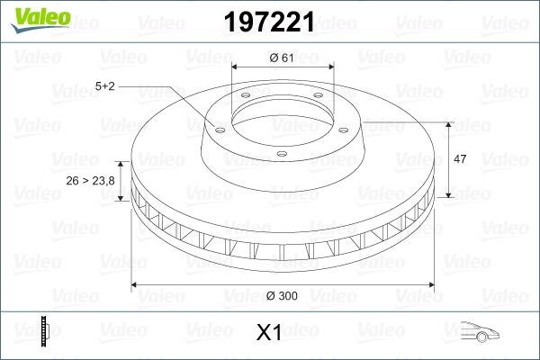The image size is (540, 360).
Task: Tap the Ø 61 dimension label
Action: click(x=282, y=58)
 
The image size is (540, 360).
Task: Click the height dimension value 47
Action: click(x=459, y=159)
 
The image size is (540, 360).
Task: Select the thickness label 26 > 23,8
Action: click(x=90, y=181)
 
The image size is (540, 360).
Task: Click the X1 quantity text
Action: click(x=269, y=333)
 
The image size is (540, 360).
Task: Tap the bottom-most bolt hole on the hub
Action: click(x=281, y=154)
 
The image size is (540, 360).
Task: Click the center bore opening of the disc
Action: click(x=282, y=114)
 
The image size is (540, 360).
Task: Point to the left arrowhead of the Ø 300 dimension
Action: click(x=136, y=285)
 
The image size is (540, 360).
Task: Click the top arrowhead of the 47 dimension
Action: click(x=448, y=123)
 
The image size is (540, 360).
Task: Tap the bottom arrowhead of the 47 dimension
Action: click(x=448, y=194)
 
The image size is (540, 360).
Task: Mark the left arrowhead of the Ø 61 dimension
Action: click(x=236, y=68)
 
